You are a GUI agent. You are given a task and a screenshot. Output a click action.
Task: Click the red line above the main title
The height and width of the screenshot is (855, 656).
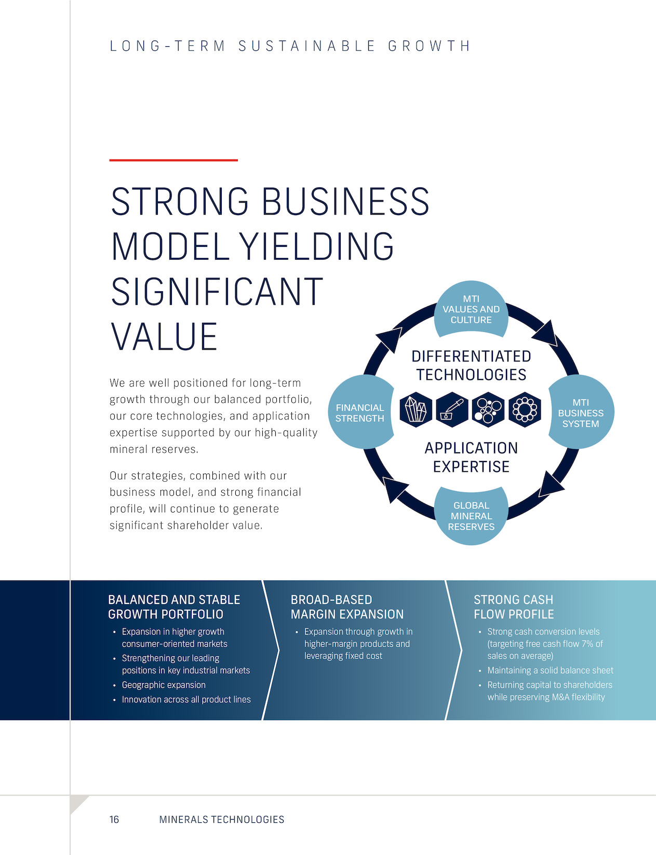[173, 160]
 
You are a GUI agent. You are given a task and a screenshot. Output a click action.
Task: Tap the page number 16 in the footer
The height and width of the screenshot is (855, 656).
[114, 820]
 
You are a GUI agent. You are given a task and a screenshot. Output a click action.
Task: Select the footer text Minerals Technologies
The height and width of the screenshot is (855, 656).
[221, 820]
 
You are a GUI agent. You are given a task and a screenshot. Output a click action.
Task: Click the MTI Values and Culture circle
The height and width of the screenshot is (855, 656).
[471, 309]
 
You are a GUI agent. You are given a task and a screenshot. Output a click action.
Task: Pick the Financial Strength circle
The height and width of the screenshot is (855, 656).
[361, 412]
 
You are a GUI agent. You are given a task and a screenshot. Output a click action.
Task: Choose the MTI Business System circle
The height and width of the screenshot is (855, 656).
[581, 412]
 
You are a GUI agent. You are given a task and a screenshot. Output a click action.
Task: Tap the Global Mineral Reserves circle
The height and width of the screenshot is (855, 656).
[471, 516]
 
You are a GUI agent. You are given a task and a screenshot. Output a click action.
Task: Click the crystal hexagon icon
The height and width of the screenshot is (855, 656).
[416, 410]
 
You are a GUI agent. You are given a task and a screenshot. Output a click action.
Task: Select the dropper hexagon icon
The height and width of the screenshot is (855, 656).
[452, 410]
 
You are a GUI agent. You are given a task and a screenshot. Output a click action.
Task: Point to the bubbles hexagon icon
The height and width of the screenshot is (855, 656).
[488, 410]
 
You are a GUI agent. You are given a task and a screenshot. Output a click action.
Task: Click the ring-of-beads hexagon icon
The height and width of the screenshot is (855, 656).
[525, 410]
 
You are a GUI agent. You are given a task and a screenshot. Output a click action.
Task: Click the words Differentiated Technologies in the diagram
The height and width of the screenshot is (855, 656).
[471, 365]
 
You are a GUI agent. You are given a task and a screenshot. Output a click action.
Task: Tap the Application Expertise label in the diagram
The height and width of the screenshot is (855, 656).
[471, 457]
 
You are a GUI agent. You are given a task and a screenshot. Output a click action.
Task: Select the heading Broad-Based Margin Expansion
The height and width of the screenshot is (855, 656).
[347, 607]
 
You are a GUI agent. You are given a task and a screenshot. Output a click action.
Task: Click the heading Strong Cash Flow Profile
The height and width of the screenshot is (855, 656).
[514, 607]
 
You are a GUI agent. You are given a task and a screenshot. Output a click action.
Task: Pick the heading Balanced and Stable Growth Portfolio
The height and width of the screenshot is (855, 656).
[173, 607]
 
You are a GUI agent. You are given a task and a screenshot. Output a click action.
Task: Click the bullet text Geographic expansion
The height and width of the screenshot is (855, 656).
[164, 685]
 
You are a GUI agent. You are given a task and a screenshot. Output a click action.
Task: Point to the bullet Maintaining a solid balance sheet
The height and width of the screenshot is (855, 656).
[550, 670]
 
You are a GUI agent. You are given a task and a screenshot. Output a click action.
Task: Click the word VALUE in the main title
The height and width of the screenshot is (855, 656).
[164, 336]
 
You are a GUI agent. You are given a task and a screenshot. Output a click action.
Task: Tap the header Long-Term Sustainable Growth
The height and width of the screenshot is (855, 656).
[290, 46]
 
